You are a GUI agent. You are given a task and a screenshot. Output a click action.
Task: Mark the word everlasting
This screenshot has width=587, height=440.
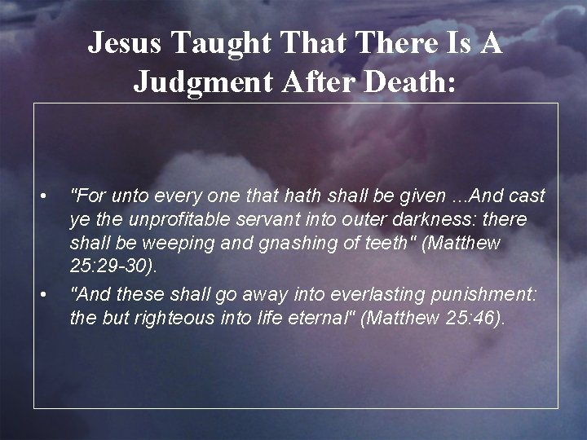click(328, 293)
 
